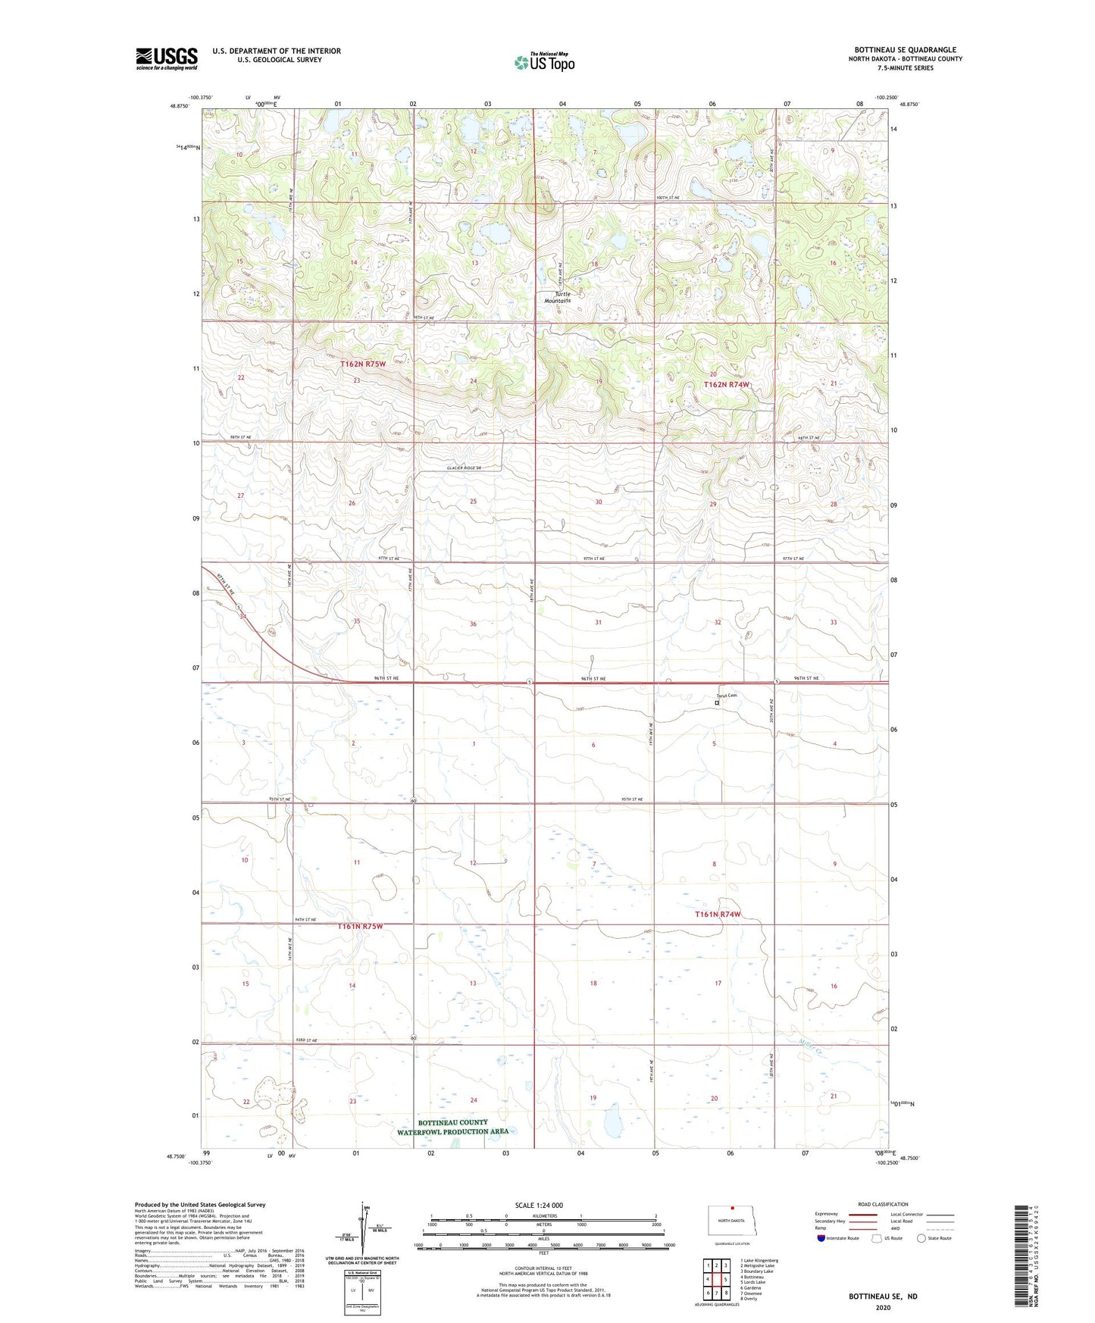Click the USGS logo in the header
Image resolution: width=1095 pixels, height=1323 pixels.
pos(166,58)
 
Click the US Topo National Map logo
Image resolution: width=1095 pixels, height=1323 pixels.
pos(544,61)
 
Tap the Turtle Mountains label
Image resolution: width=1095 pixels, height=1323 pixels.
pos(558,297)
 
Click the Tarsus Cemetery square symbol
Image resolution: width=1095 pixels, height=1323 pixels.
pos(717,702)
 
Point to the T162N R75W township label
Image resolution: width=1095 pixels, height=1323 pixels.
pos(362,364)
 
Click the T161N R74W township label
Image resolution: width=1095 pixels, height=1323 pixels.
pos(717,915)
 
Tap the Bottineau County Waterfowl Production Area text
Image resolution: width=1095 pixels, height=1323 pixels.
pos(452,1127)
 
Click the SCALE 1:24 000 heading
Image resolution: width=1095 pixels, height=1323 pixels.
pos(539,1205)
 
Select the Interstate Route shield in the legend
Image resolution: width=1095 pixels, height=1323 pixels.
pos(822,1238)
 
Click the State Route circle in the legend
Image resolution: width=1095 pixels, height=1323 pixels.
pos(921,1238)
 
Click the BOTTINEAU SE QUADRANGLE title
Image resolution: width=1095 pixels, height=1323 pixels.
pos(905,50)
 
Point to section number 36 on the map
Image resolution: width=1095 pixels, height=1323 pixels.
pos(473,624)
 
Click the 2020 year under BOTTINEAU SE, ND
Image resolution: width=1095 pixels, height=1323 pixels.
pos(883,1307)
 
